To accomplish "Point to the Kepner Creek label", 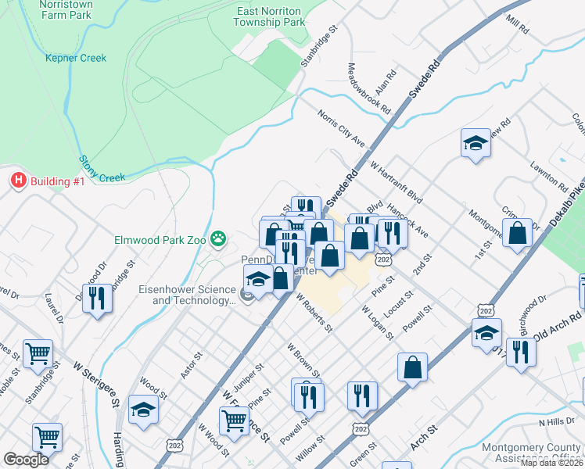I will point(75,58).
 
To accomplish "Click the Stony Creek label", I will point(102,170).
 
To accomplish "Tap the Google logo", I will point(26,460).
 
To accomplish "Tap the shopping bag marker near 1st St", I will point(517,233).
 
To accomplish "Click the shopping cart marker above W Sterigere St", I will point(38,354).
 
